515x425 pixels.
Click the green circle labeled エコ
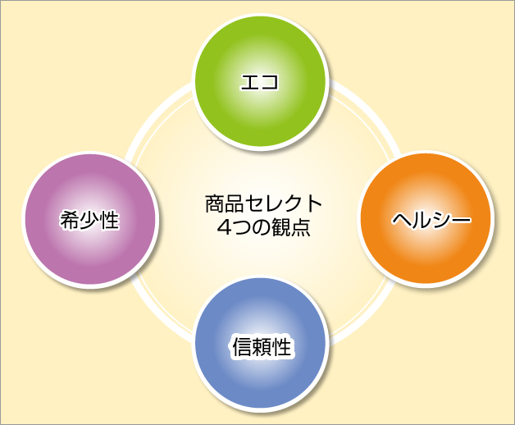point(261,82)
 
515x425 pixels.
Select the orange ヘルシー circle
point(426,219)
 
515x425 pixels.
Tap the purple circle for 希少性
point(90,220)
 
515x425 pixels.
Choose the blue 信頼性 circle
point(261,344)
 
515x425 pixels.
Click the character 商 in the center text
point(215,203)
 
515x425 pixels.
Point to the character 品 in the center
point(235,203)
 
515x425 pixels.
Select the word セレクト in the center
point(283,203)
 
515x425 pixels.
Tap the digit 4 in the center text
point(224,226)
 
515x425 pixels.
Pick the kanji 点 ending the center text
point(300,226)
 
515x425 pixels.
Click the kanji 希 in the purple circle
point(70,220)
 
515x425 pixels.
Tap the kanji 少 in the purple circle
point(89,220)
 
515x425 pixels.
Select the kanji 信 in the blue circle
point(243,347)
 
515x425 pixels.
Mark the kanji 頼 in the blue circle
point(262,347)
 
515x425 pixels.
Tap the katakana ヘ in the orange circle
point(402,220)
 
